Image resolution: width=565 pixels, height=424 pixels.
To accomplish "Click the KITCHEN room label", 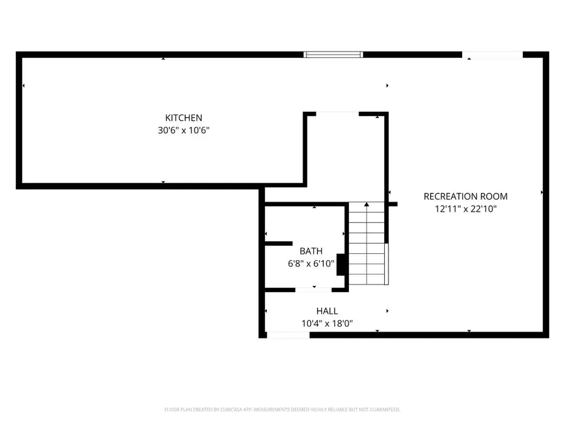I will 183,117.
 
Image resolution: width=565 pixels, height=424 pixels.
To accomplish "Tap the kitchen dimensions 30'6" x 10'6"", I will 183,131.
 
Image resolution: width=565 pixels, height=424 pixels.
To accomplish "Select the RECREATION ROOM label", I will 465,196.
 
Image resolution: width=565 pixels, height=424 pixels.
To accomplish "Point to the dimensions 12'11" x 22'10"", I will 465,209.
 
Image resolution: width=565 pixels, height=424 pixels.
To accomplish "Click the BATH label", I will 311,251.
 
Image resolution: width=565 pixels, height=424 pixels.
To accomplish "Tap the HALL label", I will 327,311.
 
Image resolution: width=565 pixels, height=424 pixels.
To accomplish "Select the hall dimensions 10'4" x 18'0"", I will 327,324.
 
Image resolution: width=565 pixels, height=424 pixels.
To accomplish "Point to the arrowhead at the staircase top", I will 367,204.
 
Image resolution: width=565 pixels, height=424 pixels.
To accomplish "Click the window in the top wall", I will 333,55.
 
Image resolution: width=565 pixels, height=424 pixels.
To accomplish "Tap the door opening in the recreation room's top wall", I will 493,55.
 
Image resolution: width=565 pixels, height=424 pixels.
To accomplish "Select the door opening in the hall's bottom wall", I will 288,335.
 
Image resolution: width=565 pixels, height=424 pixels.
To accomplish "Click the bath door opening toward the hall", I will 313,290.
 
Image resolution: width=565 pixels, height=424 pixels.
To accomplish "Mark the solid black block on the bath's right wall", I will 342,264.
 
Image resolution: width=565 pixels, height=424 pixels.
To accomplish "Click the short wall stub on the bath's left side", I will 278,243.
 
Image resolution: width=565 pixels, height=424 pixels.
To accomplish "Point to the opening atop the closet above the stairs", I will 337,114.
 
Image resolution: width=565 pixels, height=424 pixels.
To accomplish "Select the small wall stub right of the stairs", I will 392,204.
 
